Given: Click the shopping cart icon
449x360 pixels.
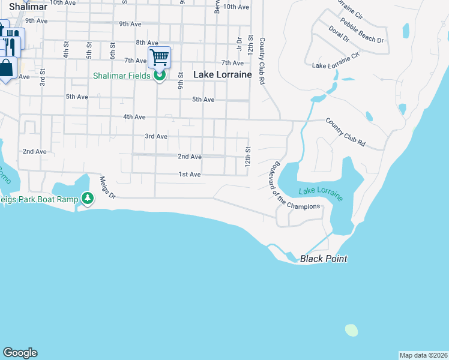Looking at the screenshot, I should tap(160, 58).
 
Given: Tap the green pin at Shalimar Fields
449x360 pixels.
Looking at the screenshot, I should tap(160, 76).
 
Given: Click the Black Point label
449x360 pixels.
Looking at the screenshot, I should tap(324, 259).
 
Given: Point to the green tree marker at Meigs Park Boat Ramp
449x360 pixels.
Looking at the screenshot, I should tap(88, 198).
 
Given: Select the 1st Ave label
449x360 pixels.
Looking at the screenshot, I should tap(189, 175).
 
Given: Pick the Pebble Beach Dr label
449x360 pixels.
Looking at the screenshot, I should tap(362, 30).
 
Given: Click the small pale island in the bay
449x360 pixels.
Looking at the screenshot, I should tap(351, 329).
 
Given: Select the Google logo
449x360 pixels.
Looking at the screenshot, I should tap(20, 353).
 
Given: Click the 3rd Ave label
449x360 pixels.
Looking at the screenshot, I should tap(156, 136).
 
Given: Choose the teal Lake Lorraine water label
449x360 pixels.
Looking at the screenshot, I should tap(321, 194).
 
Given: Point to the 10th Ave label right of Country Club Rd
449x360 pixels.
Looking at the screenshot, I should tap(235, 7).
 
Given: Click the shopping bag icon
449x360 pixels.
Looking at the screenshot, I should tap(6, 68).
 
